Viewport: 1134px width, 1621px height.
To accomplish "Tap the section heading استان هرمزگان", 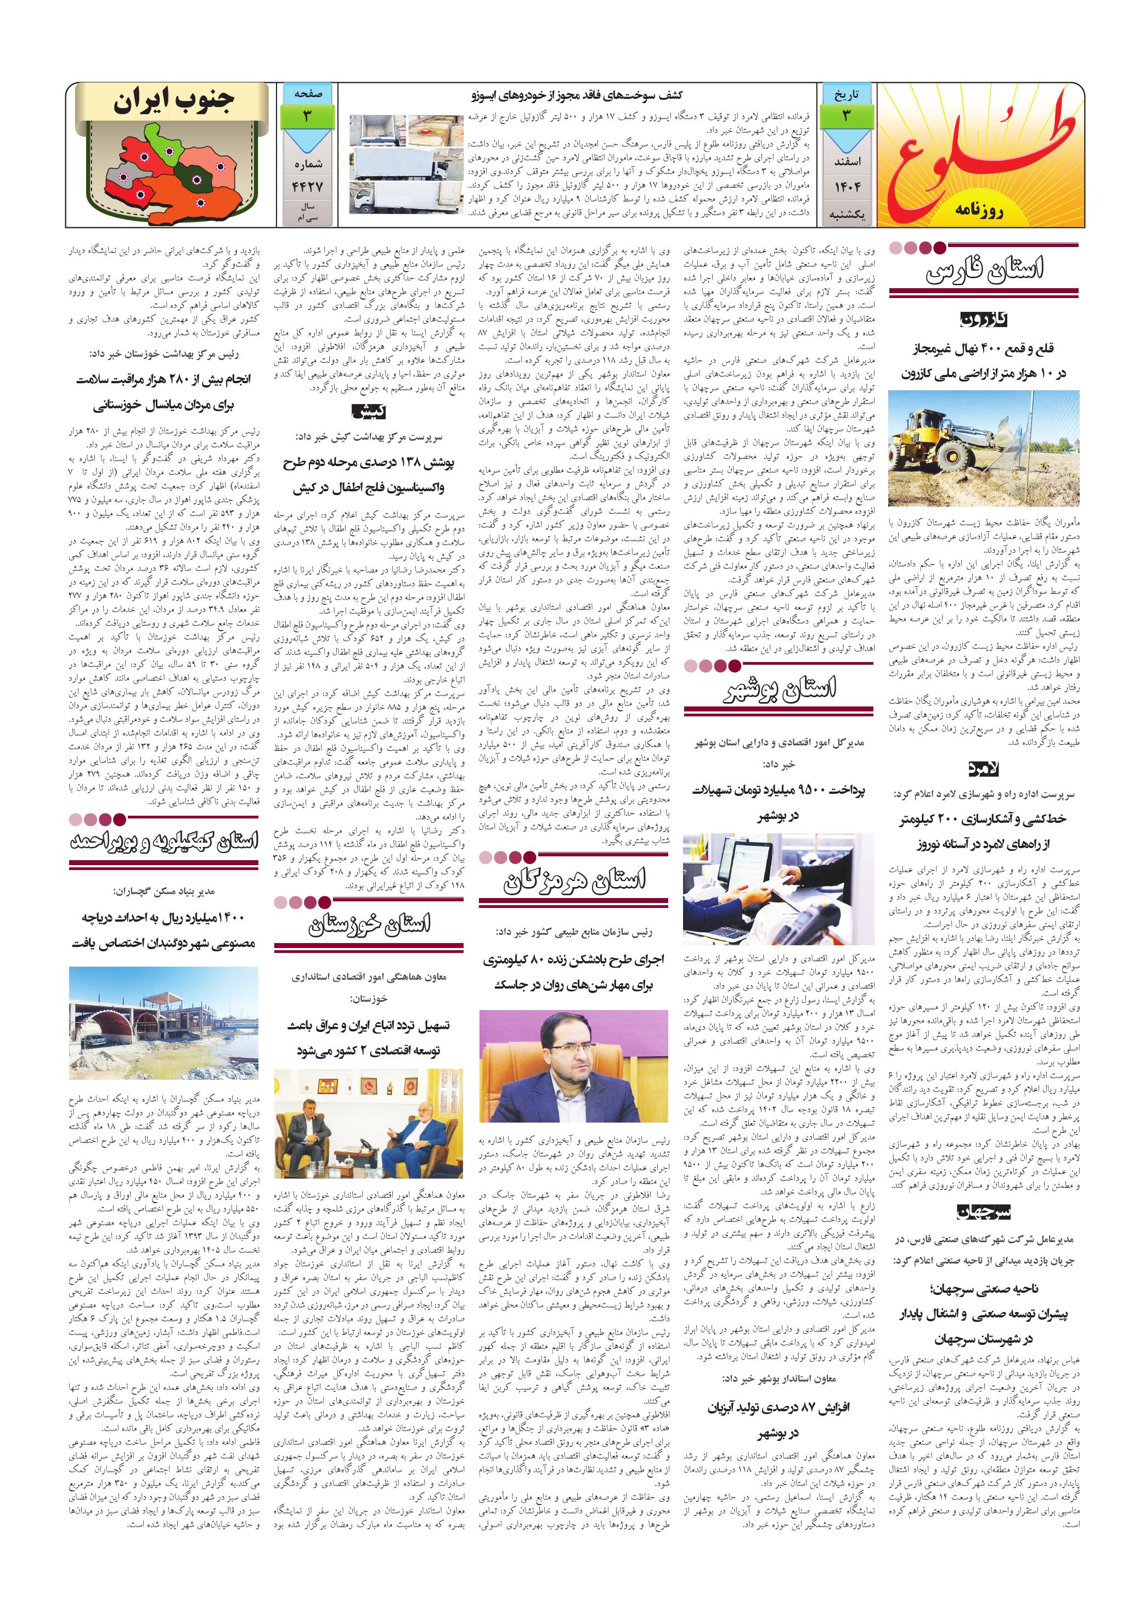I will click(x=573, y=880).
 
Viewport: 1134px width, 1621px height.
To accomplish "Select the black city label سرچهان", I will click(x=984, y=1211).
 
